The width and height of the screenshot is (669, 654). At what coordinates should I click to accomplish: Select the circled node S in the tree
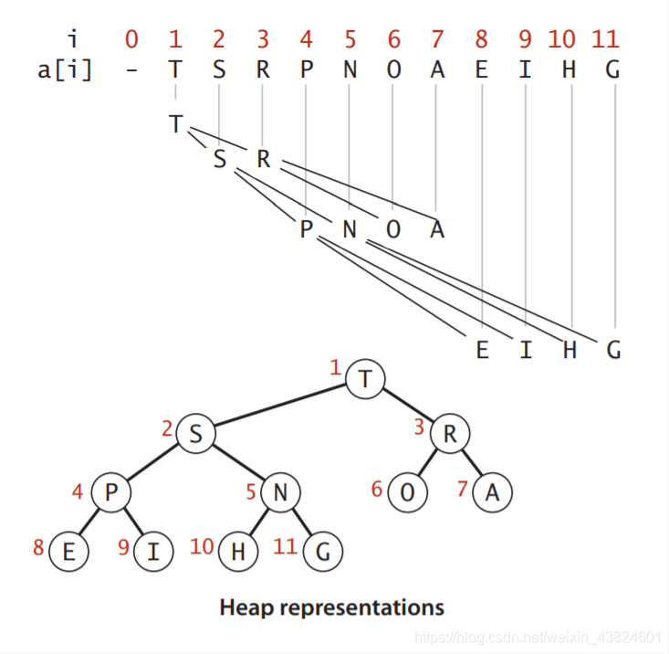[194, 434]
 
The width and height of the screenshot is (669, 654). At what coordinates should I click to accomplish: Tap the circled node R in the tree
[449, 434]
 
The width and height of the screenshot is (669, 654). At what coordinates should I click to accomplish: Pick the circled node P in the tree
[110, 492]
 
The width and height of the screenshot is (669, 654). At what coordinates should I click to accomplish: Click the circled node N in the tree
[280, 492]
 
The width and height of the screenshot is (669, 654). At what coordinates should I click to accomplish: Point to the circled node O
[407, 492]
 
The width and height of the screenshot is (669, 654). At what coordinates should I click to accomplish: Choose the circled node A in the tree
[492, 492]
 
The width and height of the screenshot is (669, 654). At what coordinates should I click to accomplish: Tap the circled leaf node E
[68, 551]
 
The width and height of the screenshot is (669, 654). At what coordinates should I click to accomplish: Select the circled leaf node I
[153, 551]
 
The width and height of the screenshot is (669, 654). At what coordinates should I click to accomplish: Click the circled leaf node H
[237, 551]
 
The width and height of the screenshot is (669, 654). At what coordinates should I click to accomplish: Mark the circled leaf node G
[322, 551]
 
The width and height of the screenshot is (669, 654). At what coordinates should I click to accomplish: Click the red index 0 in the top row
[132, 39]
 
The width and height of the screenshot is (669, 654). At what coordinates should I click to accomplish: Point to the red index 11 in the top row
[605, 39]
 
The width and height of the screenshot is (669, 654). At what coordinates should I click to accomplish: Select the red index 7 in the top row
[437, 39]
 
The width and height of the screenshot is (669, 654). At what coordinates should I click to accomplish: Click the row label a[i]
[65, 70]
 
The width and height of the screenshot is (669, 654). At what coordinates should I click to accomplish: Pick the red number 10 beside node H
[203, 546]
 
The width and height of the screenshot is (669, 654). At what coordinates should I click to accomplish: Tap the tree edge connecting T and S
[279, 406]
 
